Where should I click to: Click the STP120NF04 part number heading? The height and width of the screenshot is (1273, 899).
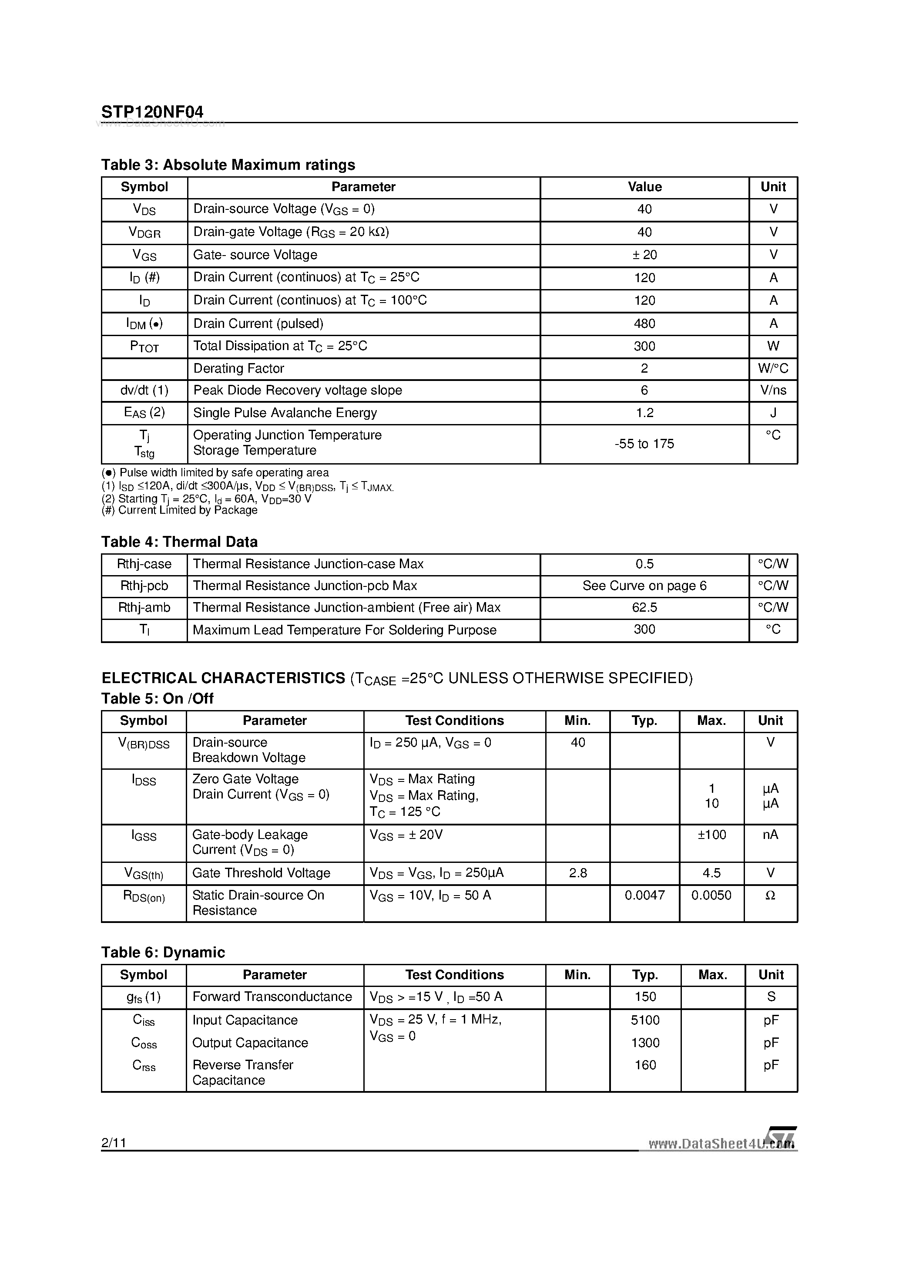pyautogui.click(x=152, y=112)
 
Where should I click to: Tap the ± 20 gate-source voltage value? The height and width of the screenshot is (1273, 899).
pyautogui.click(x=644, y=255)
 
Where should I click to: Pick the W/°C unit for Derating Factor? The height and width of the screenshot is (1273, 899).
pyautogui.click(x=773, y=369)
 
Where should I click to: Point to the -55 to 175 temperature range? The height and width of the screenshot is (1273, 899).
pyautogui.click(x=644, y=444)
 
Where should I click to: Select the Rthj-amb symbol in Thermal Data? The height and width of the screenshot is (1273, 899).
pyautogui.click(x=144, y=608)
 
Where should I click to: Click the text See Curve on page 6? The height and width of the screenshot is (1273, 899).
pyautogui.click(x=644, y=586)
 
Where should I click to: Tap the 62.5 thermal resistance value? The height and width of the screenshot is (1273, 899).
pyautogui.click(x=644, y=608)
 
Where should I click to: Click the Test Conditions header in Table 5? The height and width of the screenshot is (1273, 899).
pyautogui.click(x=454, y=721)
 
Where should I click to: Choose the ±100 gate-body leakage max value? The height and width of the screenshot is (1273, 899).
pyautogui.click(x=711, y=835)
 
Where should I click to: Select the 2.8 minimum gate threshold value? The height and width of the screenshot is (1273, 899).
pyautogui.click(x=577, y=873)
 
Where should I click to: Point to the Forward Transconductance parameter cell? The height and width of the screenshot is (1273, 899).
pyautogui.click(x=272, y=997)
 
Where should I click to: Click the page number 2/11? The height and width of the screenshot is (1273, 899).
pyautogui.click(x=114, y=1143)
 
